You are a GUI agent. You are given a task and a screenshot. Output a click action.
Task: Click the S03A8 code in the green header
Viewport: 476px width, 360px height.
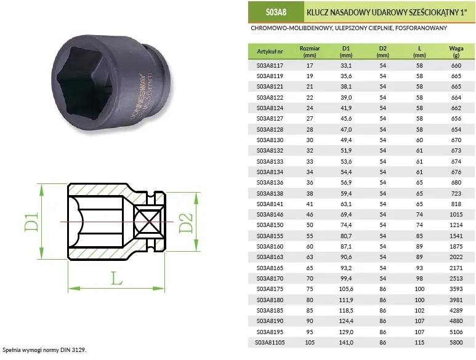click(276, 12)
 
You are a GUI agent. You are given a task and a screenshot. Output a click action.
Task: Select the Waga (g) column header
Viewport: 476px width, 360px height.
click(456, 52)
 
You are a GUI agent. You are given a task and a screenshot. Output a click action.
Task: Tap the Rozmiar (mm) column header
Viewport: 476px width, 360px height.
click(310, 52)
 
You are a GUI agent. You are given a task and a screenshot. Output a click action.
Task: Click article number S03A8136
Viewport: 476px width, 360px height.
click(270, 183)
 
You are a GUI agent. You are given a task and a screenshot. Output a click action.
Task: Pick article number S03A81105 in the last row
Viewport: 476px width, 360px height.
click(270, 342)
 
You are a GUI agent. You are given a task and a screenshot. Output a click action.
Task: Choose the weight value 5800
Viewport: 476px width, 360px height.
click(456, 342)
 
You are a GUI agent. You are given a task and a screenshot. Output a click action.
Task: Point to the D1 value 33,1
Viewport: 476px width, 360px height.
click(346, 65)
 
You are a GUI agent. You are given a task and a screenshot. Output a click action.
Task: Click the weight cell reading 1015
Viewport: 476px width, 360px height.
click(456, 214)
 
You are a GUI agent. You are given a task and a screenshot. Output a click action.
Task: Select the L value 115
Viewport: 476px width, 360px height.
click(419, 342)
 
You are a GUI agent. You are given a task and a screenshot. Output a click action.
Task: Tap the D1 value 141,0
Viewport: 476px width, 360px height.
click(346, 342)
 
